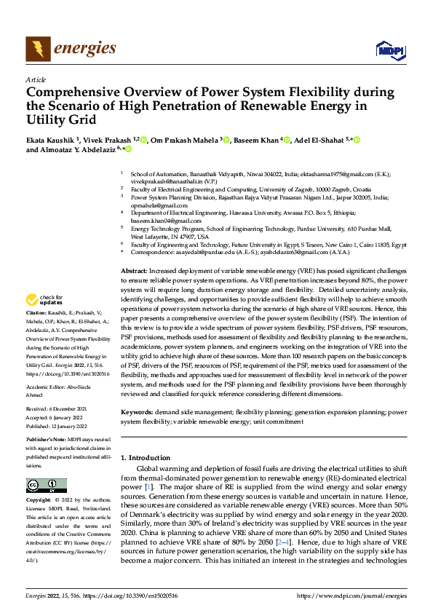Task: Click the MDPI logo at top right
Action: (x=390, y=50)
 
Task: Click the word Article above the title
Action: (x=36, y=79)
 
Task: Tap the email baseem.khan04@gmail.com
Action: (x=165, y=221)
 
